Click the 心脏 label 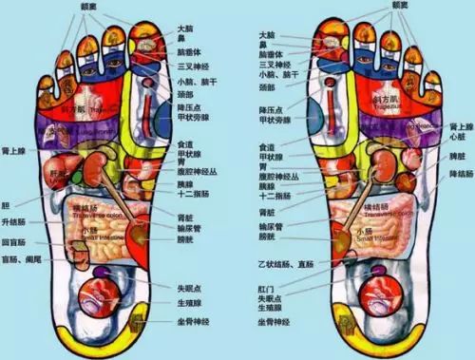click(458, 136)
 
